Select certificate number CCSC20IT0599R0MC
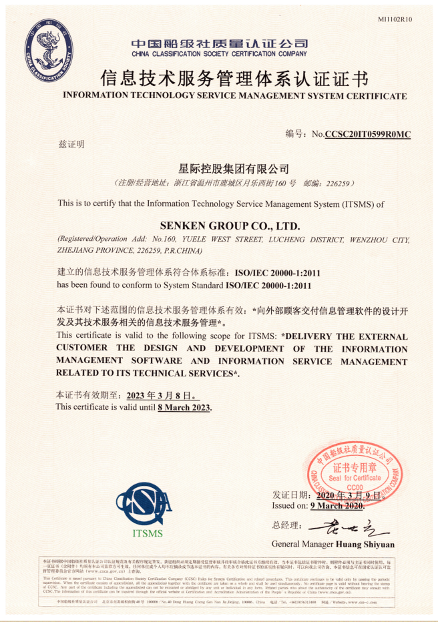(367, 134)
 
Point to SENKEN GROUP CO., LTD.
(230, 226)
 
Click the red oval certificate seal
(355, 473)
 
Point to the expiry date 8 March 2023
(184, 407)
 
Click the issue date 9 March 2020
(336, 506)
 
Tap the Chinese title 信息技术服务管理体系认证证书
(234, 79)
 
